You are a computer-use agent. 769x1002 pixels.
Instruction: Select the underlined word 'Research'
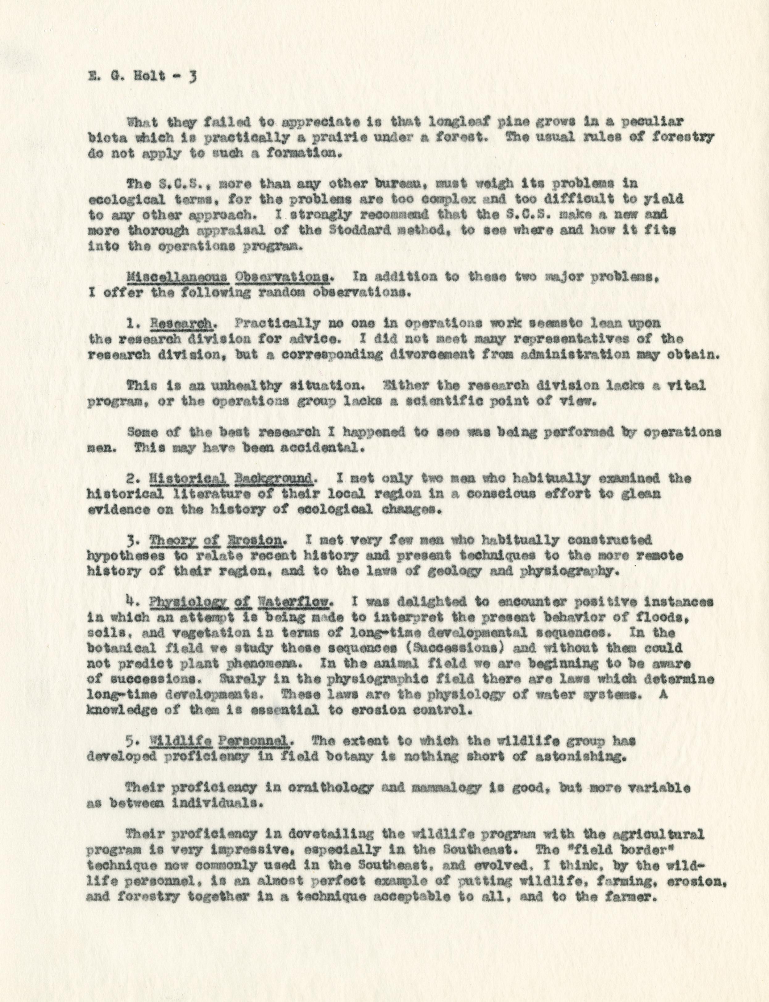click(x=182, y=323)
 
